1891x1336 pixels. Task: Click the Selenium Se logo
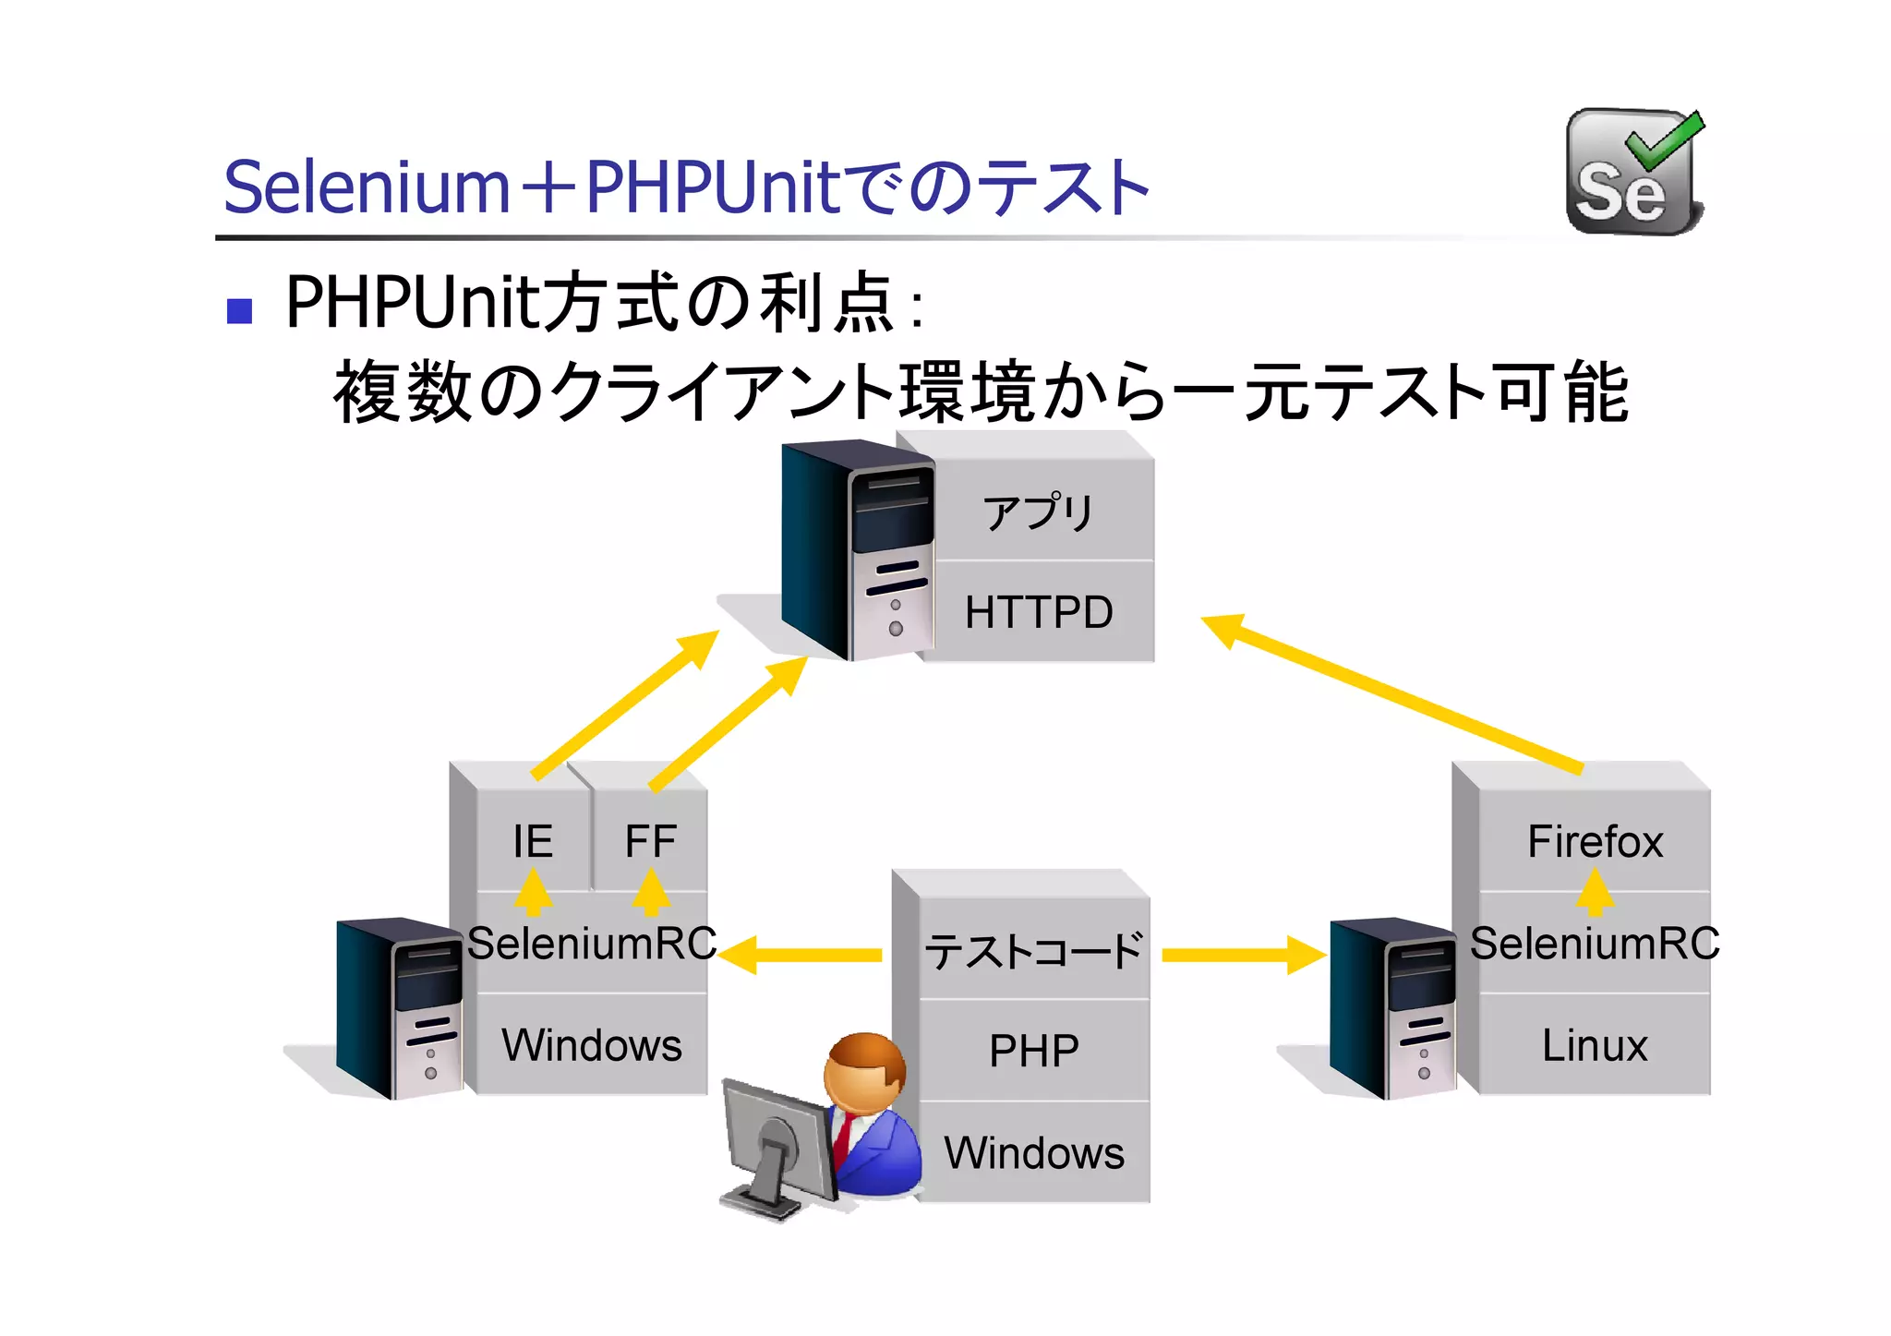pos(1634,173)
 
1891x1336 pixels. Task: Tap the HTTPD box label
pos(1039,612)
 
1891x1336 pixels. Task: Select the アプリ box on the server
pos(1039,512)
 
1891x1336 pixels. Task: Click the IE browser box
pos(533,841)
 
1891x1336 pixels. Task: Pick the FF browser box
pos(650,841)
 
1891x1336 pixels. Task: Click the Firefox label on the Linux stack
pos(1595,841)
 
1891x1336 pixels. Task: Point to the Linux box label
pos(1595,1045)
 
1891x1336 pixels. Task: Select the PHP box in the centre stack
pos(1034,1051)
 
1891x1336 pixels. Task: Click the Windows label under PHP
pos(1034,1153)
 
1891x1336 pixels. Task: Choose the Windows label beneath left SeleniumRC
pos(591,1045)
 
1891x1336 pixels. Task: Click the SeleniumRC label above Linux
pos(1595,944)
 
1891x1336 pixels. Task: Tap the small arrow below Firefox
pos(1595,894)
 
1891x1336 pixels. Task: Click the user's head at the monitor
pos(864,1072)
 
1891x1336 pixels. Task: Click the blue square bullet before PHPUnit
pos(240,310)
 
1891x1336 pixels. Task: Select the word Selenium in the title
pos(367,187)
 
